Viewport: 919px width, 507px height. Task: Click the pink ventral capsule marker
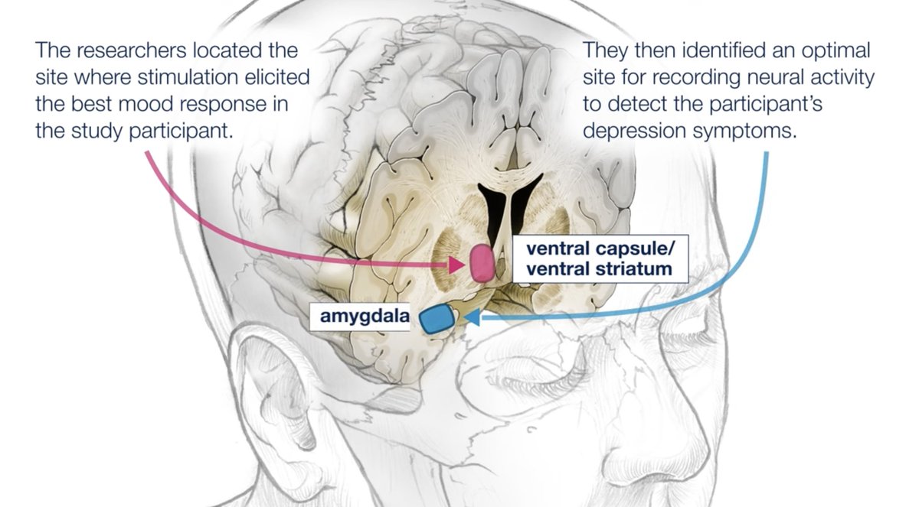point(481,262)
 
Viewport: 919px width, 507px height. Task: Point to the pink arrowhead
point(459,265)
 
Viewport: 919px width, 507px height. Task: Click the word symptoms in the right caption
point(751,130)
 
